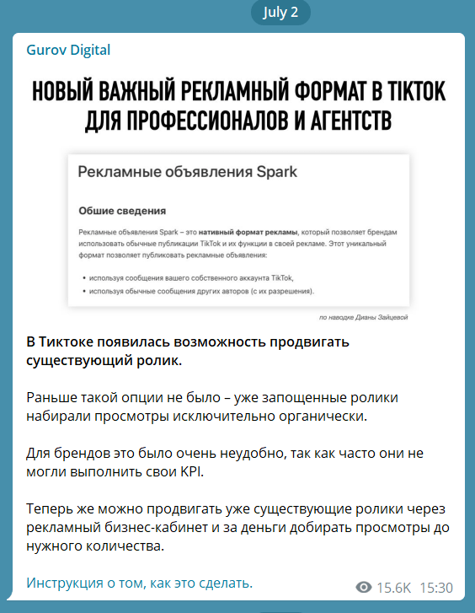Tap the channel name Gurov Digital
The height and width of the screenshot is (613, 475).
tap(68, 50)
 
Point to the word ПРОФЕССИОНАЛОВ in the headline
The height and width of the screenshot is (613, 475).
tap(199, 119)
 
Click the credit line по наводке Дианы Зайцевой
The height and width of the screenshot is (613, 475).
tap(363, 317)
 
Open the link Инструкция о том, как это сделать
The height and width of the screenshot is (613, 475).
tap(140, 583)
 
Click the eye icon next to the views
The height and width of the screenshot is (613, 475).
tap(364, 587)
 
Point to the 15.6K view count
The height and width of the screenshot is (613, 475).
tap(393, 587)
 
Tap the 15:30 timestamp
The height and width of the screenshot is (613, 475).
tap(436, 587)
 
